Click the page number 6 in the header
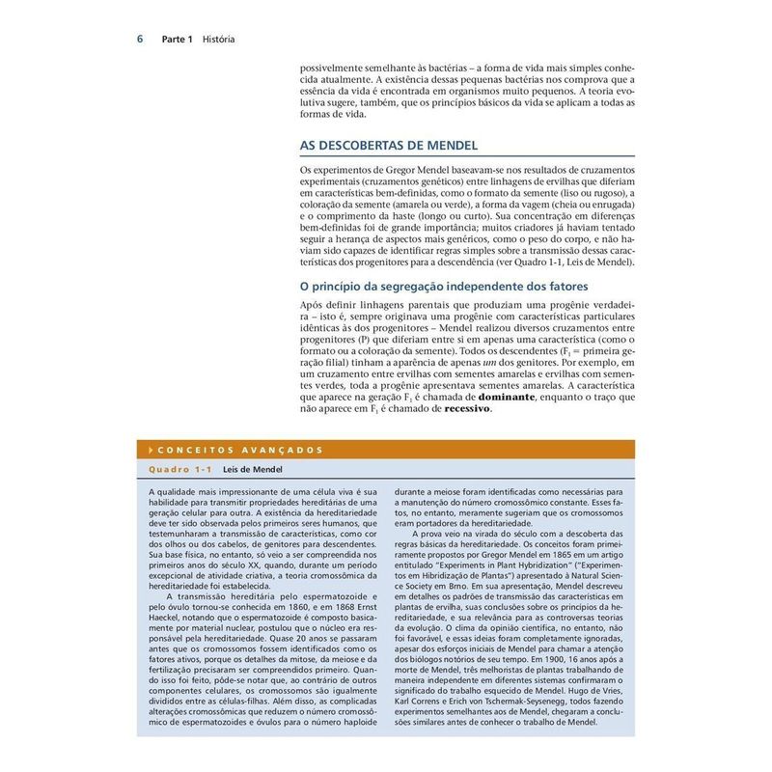[140, 40]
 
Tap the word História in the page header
[220, 40]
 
